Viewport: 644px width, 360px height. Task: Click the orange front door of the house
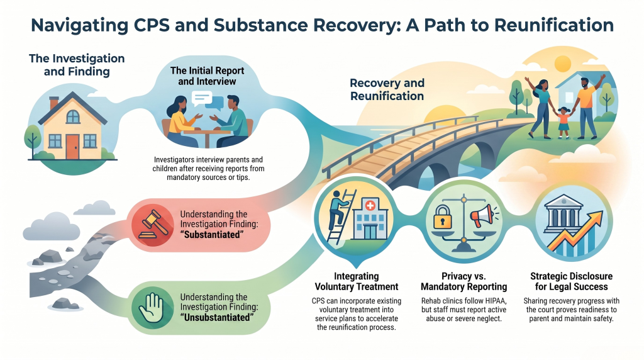tap(72, 147)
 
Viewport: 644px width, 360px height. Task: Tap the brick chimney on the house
tap(54, 103)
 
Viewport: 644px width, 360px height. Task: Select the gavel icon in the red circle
tap(153, 225)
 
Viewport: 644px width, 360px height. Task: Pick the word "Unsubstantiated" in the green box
tap(217, 318)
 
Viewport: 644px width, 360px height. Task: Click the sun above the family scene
tap(562, 64)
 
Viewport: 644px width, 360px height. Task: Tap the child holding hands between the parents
tap(563, 122)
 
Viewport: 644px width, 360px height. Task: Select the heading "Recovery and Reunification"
tap(387, 89)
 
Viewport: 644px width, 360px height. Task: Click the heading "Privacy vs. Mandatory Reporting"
tap(464, 281)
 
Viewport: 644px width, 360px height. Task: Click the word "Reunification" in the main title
tap(554, 25)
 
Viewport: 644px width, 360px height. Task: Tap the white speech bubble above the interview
tap(202, 98)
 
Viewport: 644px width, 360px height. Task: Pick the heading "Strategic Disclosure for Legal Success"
tap(571, 281)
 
